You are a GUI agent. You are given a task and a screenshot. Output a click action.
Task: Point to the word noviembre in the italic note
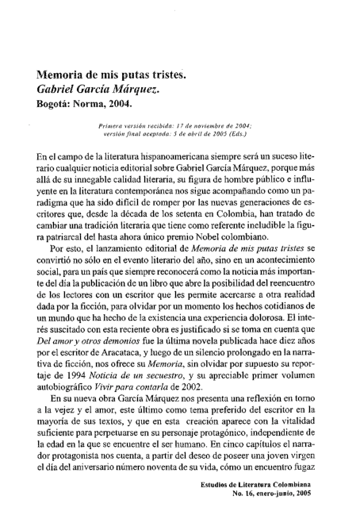click(x=209, y=125)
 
